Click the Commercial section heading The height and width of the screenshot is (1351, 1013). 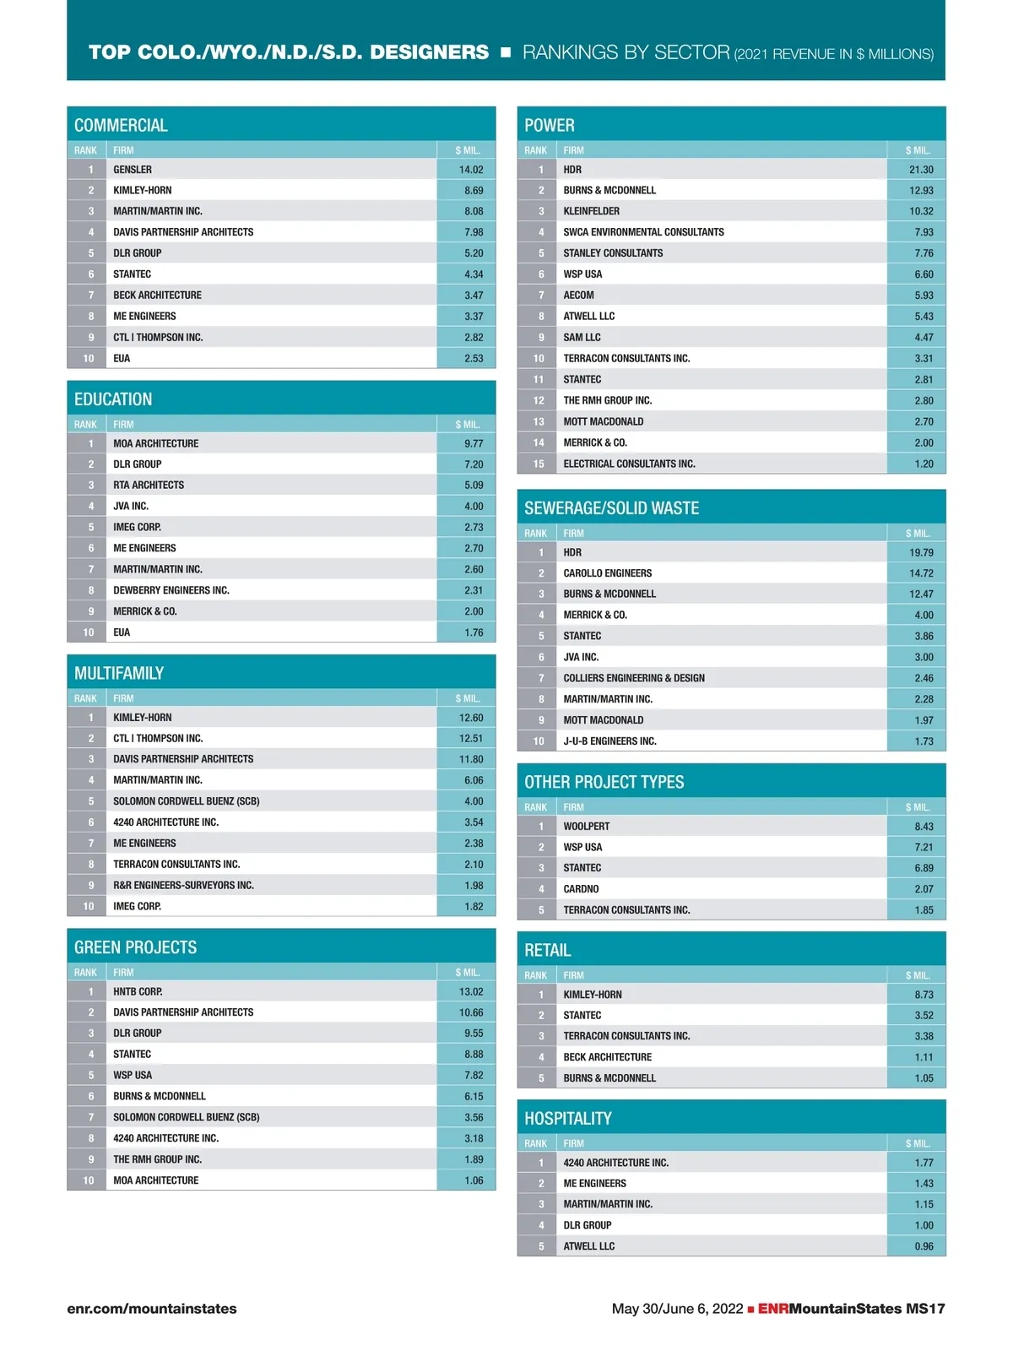(x=121, y=125)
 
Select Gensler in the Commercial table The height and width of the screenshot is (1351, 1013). (x=133, y=170)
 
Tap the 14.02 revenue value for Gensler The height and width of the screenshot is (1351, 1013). (x=471, y=170)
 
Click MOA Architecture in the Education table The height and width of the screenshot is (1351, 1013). (x=156, y=443)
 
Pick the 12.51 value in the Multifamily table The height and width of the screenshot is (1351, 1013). (x=471, y=738)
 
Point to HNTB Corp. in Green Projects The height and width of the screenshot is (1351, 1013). (x=138, y=991)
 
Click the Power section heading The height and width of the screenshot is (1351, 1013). (x=549, y=125)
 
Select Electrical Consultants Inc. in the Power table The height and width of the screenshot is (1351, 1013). (x=629, y=464)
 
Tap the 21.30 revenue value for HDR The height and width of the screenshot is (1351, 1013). (x=921, y=170)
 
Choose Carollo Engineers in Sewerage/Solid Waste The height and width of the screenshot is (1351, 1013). (x=608, y=572)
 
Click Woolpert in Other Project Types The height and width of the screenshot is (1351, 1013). (x=587, y=826)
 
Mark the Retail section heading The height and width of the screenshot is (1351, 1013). (x=548, y=950)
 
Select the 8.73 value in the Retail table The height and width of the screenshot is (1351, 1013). (x=924, y=995)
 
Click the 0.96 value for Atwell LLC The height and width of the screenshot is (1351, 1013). (x=924, y=1246)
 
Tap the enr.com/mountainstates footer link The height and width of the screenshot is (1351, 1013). (x=152, y=1309)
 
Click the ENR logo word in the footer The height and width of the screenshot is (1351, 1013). (x=772, y=1309)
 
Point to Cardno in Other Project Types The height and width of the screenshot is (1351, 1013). (x=581, y=888)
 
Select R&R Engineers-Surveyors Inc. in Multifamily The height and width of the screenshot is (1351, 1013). (x=183, y=885)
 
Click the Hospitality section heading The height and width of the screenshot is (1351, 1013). (x=567, y=1118)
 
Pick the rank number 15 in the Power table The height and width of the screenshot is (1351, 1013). (x=538, y=464)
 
